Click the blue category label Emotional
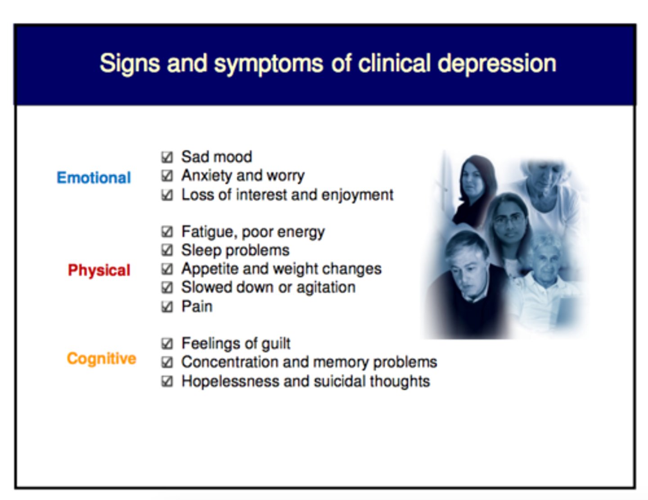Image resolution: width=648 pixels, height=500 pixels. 94,178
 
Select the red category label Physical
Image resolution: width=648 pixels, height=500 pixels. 99,270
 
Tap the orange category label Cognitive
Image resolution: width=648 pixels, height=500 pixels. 101,359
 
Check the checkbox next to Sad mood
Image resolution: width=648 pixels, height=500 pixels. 167,157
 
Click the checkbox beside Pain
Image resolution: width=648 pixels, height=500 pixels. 167,307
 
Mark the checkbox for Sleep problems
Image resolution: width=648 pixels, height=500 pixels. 167,250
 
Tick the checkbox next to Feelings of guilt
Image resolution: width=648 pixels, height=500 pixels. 167,344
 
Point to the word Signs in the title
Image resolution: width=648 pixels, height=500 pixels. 129,63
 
